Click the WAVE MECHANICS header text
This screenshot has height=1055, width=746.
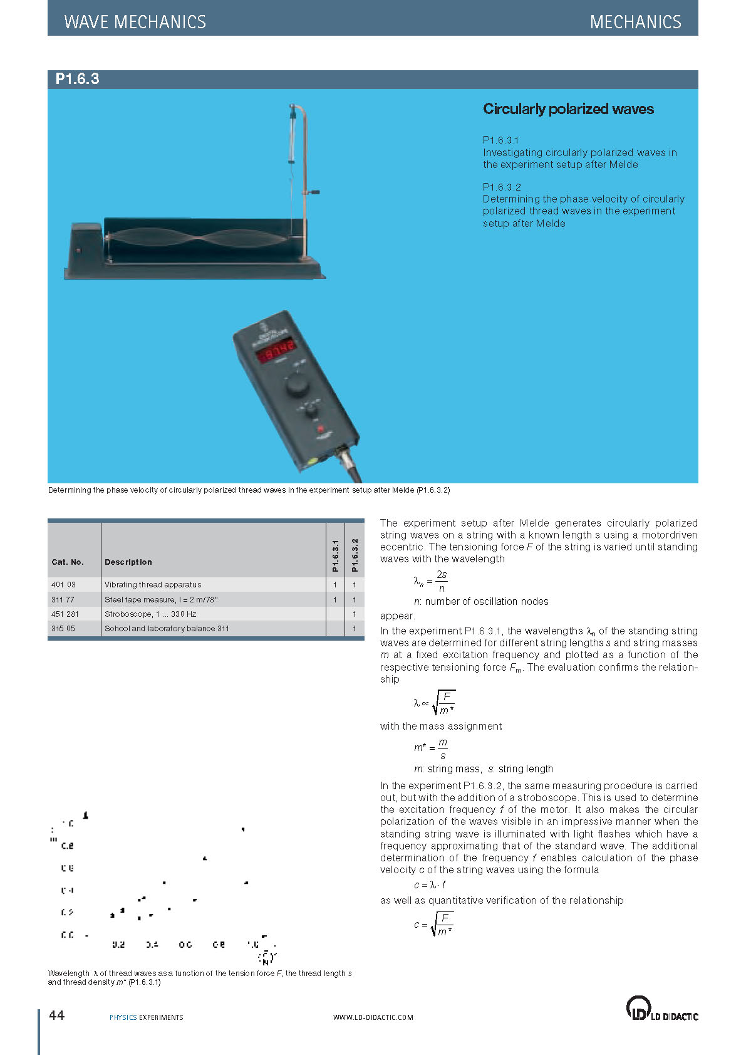(135, 22)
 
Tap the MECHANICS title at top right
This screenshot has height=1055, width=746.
(635, 22)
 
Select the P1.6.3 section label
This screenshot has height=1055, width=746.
(77, 79)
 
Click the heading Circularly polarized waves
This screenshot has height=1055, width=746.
(568, 109)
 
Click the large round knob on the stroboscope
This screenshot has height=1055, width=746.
(297, 386)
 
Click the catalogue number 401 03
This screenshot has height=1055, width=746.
(63, 584)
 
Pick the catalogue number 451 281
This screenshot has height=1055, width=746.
(65, 614)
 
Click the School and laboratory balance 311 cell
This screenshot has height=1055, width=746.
(167, 628)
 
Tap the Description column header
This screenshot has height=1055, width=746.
(128, 562)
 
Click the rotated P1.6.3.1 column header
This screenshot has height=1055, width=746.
(336, 555)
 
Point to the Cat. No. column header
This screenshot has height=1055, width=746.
(67, 562)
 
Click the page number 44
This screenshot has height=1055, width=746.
(56, 1015)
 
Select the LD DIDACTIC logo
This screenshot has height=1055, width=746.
(662, 1009)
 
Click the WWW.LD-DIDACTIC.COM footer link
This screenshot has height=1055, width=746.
(373, 1017)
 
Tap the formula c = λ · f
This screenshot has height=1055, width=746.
(430, 884)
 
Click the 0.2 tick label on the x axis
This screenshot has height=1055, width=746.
(118, 944)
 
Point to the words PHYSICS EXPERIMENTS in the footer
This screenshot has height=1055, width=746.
(146, 1017)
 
